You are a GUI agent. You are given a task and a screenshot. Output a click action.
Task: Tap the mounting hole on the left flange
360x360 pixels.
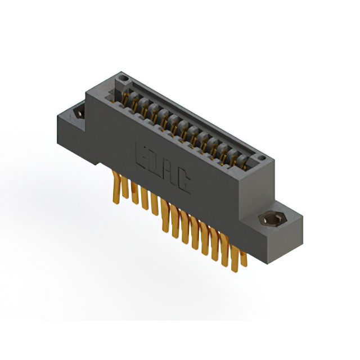click(x=78, y=112)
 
